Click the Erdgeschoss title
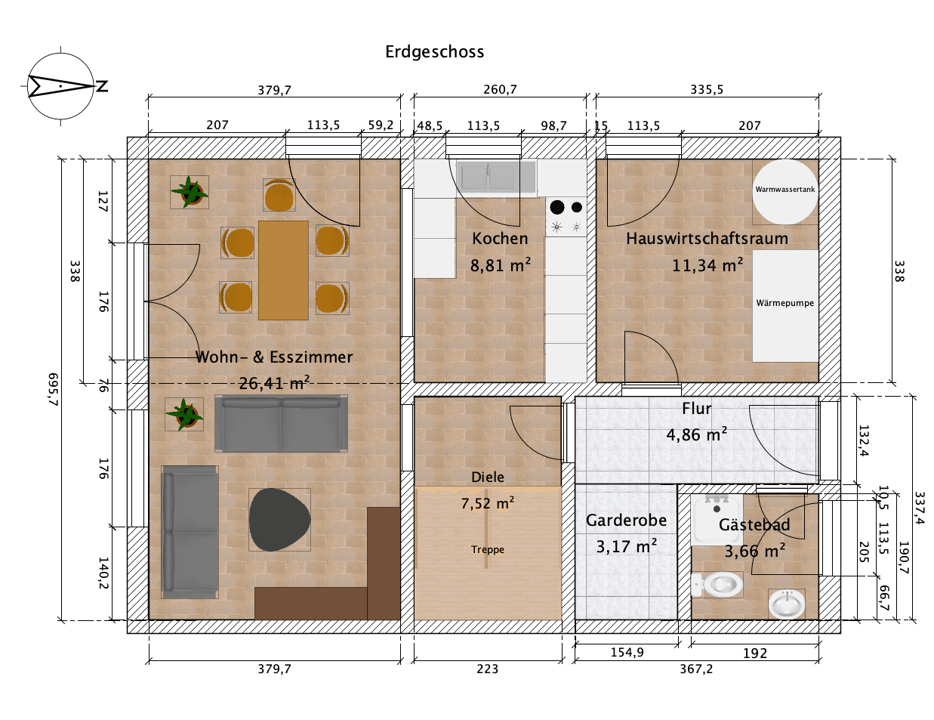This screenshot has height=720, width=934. [x=434, y=51]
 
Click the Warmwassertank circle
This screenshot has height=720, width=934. [x=784, y=191]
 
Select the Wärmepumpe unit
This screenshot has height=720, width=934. [x=785, y=304]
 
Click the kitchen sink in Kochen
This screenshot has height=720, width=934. [x=488, y=177]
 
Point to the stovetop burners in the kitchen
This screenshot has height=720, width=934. [x=566, y=216]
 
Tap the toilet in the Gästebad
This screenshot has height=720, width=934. [x=717, y=584]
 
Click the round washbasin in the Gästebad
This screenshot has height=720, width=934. [x=787, y=604]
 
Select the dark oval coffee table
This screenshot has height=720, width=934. [x=279, y=520]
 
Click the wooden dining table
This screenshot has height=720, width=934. [x=283, y=270]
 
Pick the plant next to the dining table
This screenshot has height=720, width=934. [x=190, y=192]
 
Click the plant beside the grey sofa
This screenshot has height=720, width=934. [x=184, y=414]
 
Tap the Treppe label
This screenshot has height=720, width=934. [x=488, y=549]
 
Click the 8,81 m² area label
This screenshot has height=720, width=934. [x=500, y=266]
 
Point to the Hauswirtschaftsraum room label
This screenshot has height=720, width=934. [x=707, y=239]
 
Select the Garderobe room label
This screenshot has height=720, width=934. [x=626, y=521]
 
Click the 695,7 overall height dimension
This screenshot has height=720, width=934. [x=52, y=390]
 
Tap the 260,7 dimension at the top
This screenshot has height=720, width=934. [x=500, y=89]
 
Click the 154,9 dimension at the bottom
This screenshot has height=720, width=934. [x=627, y=652]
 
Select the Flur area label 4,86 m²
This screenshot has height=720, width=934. [x=696, y=435]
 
